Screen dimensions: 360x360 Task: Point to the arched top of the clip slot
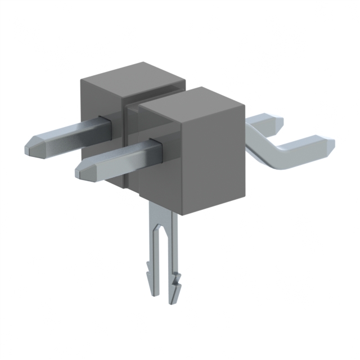click(164, 228)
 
